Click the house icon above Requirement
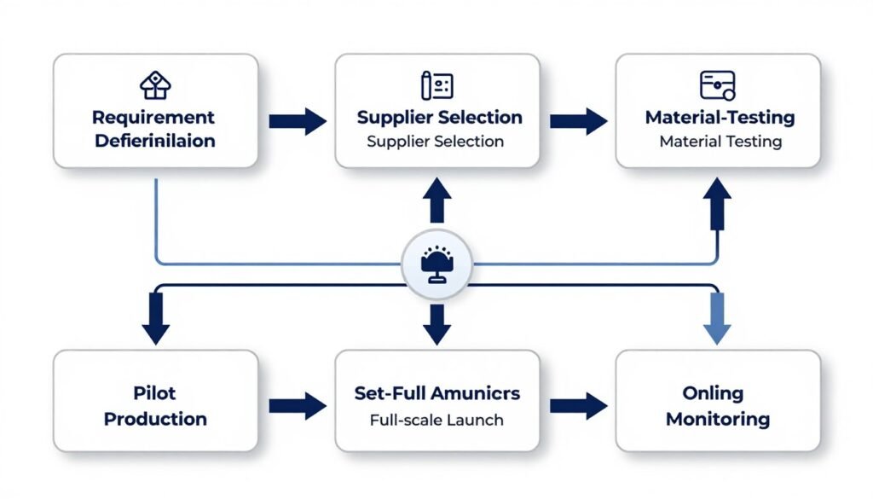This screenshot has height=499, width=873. [155, 85]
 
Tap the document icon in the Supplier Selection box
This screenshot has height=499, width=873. [436, 85]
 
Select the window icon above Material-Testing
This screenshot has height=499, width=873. [718, 85]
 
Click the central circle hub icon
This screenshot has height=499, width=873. [436, 264]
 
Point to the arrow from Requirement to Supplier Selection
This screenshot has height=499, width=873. [297, 121]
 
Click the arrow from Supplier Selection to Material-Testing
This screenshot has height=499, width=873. [578, 121]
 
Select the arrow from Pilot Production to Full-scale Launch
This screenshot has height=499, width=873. [297, 406]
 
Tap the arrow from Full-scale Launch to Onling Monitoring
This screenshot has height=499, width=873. [578, 406]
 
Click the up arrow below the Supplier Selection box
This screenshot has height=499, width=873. [436, 201]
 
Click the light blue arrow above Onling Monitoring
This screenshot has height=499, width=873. [718, 317]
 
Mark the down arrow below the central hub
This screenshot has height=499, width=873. [436, 322]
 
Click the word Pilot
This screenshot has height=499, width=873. [155, 394]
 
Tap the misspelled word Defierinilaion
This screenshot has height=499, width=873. [155, 141]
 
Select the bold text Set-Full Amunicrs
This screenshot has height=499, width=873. [436, 394]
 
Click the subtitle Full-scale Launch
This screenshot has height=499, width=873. [436, 420]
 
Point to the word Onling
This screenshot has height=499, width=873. [718, 394]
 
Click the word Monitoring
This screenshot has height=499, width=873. [718, 419]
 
